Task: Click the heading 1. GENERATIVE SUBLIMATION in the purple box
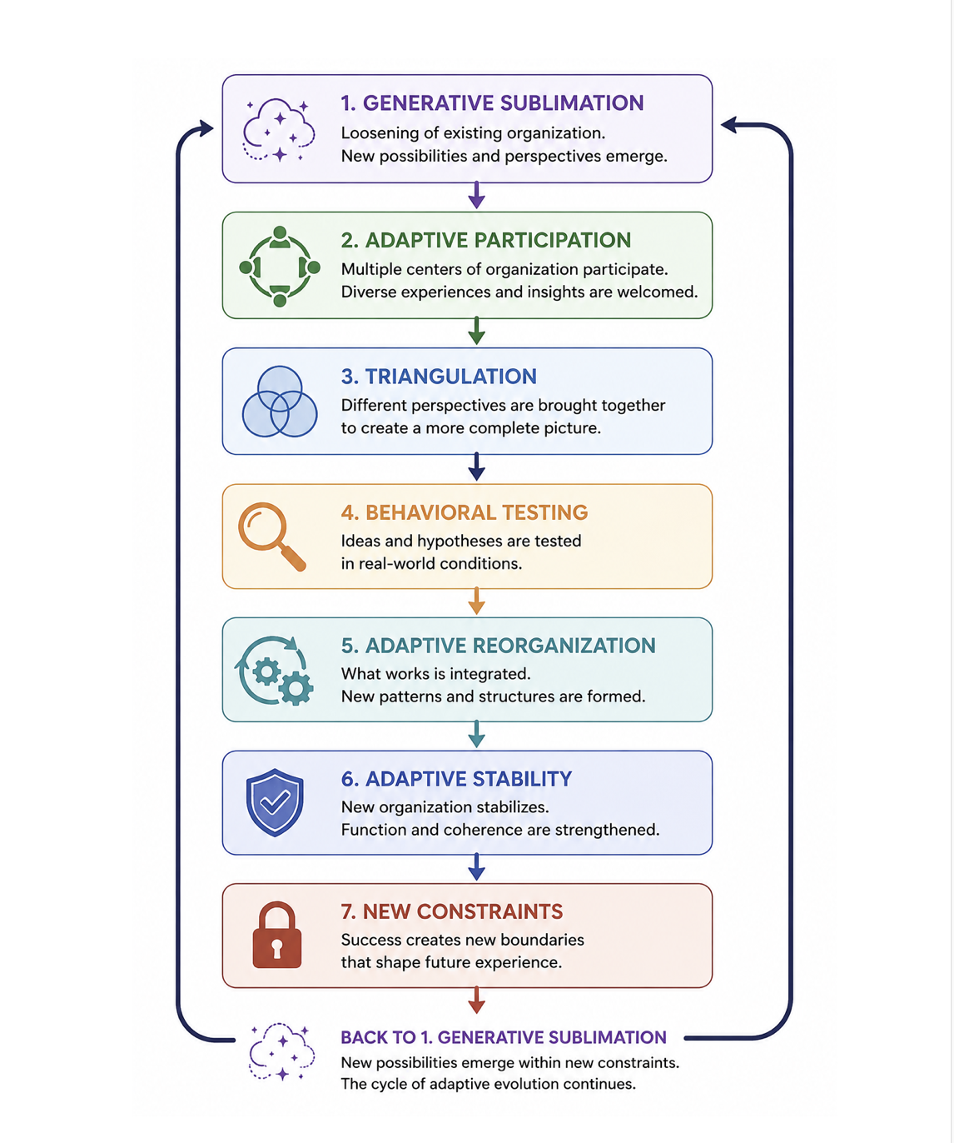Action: [492, 103]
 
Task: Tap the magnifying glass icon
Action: [271, 536]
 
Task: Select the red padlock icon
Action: [276, 935]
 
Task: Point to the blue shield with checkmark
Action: [275, 802]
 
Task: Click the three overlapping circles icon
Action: [280, 402]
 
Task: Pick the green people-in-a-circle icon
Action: [280, 267]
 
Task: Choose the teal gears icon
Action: [274, 670]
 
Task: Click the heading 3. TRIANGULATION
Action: [439, 377]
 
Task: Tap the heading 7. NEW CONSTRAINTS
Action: [452, 911]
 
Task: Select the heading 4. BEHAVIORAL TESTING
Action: [465, 512]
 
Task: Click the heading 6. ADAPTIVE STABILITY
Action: [456, 779]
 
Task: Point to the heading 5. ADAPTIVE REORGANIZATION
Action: [499, 646]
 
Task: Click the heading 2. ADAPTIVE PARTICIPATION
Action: [486, 240]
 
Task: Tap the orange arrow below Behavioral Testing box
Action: [476, 601]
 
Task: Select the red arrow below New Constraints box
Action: [476, 1000]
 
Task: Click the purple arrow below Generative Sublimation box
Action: [476, 196]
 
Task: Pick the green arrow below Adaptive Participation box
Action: [476, 331]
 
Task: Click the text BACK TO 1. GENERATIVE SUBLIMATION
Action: [504, 1037]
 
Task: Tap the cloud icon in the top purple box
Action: [278, 130]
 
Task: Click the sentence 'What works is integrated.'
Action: [436, 674]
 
